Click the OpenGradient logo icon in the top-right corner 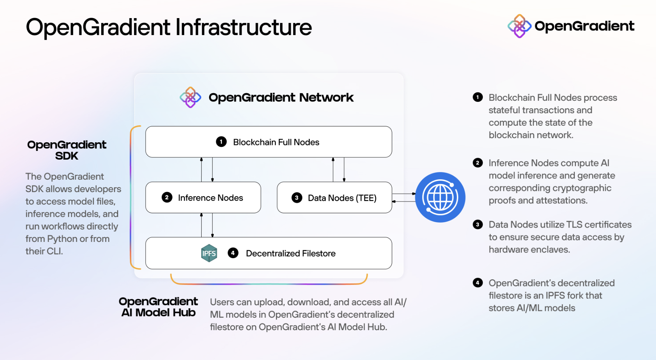click(x=519, y=26)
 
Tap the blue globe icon click(x=440, y=197)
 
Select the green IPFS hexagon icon click(x=209, y=253)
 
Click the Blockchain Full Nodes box click(x=269, y=142)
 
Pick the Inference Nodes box click(x=203, y=198)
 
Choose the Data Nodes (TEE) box click(x=334, y=198)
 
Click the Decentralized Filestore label click(x=291, y=254)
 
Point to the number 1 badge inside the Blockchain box click(x=221, y=142)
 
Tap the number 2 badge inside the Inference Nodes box click(x=167, y=197)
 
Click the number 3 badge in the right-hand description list click(x=477, y=225)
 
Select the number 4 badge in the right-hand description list click(x=477, y=283)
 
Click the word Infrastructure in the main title click(x=243, y=28)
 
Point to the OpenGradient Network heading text click(x=281, y=98)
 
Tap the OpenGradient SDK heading click(x=67, y=150)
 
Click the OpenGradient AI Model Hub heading click(x=158, y=307)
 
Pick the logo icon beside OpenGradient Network click(x=190, y=97)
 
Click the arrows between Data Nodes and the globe click(x=403, y=197)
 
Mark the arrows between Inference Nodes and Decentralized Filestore click(x=207, y=225)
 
